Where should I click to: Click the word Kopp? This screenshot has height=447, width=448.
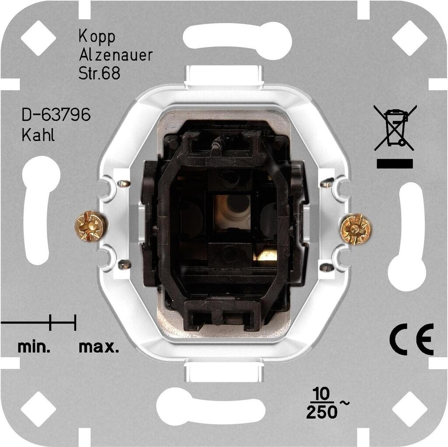pos(97,37)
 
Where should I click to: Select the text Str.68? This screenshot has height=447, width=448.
pos(99,73)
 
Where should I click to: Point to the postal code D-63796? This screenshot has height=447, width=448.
pos(56,116)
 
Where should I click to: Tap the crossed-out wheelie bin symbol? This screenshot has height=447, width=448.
pos(395,127)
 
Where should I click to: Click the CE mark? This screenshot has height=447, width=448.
pos(411,340)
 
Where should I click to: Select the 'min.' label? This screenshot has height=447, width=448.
pos(34,348)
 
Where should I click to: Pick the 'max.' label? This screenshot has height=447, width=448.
pos(99,348)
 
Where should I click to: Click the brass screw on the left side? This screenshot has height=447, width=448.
pos(90,226)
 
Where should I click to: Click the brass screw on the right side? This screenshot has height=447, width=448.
pos(355,228)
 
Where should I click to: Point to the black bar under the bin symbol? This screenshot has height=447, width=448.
pos(395,164)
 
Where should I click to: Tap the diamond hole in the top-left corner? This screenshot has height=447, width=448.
pos(38,37)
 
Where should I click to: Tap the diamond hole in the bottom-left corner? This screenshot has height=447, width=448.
pos(38,410)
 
